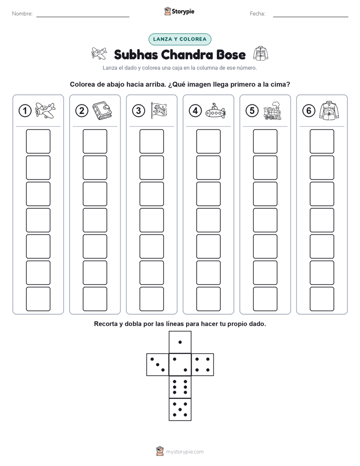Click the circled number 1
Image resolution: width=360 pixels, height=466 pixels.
coord(25,111)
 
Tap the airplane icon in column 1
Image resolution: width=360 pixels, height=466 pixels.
coord(45,110)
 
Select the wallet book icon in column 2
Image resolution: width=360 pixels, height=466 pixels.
coord(102,111)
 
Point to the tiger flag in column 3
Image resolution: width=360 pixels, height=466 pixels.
coord(159,110)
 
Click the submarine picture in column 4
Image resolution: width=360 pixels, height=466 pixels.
coord(215,111)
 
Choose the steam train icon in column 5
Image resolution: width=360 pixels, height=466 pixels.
coord(272,110)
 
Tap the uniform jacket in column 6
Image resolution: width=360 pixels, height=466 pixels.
coord(329,110)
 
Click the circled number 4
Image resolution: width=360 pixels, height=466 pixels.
coord(195,111)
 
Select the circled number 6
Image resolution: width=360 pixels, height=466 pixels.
coord(309,111)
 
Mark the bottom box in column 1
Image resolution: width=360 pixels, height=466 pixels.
coord(38,299)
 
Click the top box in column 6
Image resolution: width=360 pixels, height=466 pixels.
coord(322,141)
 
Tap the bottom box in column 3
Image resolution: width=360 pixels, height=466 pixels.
coord(151,299)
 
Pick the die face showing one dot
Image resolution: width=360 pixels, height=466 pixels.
coord(180,342)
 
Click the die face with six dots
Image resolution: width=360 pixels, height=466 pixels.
coord(180,387)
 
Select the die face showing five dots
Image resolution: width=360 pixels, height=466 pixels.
coord(180,410)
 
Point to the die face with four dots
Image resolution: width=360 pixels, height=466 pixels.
coord(203,364)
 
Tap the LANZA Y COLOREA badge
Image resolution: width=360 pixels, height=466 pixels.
coord(179,39)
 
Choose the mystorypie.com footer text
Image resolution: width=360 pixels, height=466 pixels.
coord(185,452)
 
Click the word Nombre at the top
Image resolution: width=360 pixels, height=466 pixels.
coord(22,14)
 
